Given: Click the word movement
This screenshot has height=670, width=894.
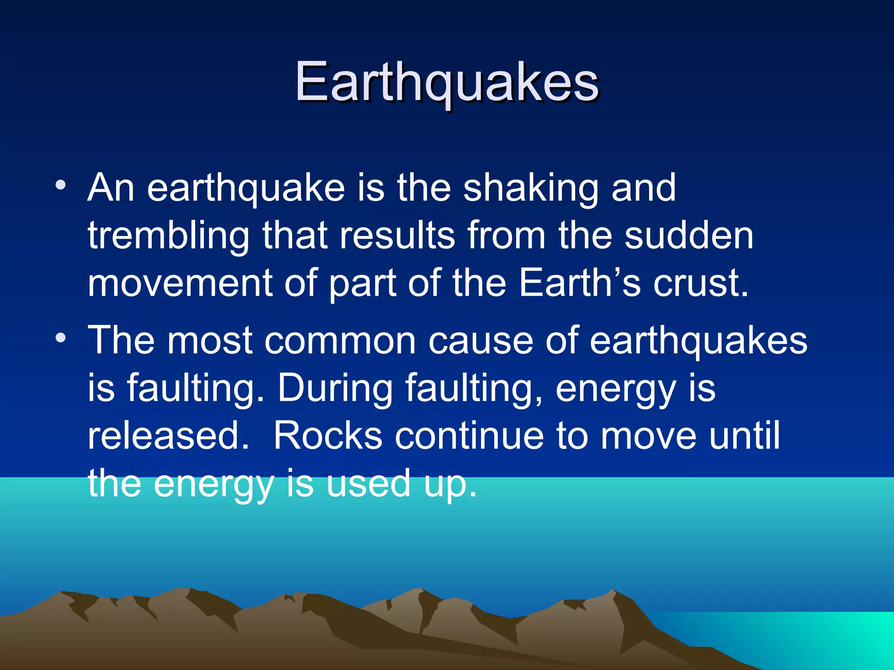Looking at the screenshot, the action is coord(180,283).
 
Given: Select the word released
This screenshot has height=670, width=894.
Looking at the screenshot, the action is coord(168,436).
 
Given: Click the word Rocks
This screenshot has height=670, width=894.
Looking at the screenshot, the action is coord(327,436).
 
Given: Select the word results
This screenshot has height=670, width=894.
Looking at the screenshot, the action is coord(397,236).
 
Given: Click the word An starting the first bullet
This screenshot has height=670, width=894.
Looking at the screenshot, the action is coord(111,188).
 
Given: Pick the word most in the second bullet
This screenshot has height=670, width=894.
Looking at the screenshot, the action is coord(210,341).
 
